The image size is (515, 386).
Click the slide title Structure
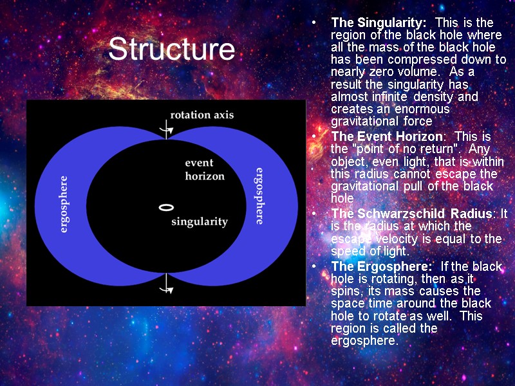click(171, 50)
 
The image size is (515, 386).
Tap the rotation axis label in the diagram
click(201, 115)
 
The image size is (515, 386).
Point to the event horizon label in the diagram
click(205, 169)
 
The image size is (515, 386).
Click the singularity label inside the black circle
click(199, 222)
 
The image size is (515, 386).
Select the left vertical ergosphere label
click(64, 204)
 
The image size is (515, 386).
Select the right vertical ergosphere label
click(259, 195)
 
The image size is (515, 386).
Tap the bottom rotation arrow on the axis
click(167, 284)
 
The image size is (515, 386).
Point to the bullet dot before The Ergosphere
click(314, 267)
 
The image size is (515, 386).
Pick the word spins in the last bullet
click(346, 291)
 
